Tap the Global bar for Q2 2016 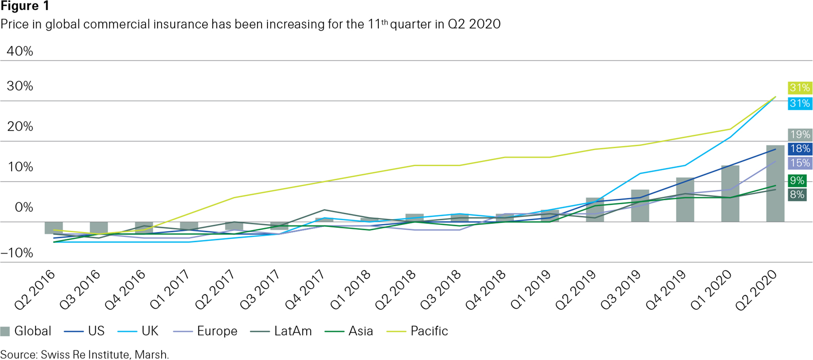point(54,228)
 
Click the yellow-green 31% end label point(799,88)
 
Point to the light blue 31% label point(799,103)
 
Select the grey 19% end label point(799,135)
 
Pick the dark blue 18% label point(799,149)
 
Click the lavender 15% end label point(799,163)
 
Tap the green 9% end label point(797,181)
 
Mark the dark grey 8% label point(797,195)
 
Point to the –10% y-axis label point(17,253)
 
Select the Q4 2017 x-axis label point(305,290)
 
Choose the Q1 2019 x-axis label point(530,290)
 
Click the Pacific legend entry point(429,331)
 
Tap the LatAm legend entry point(293,331)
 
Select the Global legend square point(6,331)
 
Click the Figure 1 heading point(25,7)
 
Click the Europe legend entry point(217,331)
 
